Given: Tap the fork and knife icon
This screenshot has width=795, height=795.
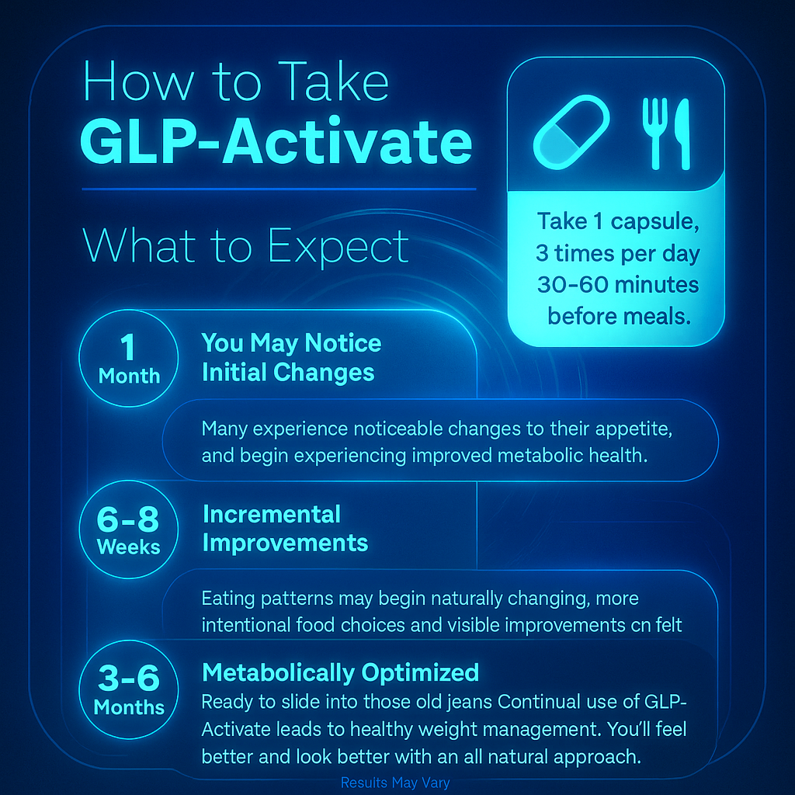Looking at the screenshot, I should (x=665, y=133).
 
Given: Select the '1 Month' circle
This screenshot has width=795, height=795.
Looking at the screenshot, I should (x=129, y=360).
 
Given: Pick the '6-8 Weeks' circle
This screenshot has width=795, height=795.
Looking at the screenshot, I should (x=129, y=530).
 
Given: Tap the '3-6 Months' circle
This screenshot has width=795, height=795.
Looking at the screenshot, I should (x=129, y=692).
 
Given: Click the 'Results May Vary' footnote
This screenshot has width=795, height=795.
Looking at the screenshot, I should (x=395, y=783).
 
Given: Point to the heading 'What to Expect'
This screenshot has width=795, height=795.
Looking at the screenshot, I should (x=245, y=246).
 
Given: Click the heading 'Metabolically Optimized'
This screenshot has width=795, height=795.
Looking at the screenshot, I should (x=340, y=672).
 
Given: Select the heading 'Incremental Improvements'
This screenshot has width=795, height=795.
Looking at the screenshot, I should (x=285, y=528).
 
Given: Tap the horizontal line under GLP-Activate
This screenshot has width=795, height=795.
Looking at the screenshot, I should (x=279, y=189).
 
